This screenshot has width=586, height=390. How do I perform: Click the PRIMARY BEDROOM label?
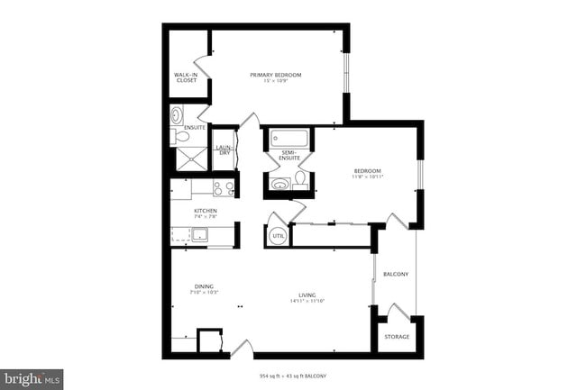point(275,74)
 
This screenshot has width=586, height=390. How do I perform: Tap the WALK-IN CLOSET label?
point(186,77)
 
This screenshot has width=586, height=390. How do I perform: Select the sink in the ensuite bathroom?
point(177,115)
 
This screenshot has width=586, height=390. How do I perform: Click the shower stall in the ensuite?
point(190,159)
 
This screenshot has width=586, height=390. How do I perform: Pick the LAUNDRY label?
point(224,150)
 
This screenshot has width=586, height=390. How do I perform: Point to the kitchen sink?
point(198,236)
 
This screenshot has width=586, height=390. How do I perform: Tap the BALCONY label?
point(396,274)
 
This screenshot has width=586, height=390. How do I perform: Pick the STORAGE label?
point(397,337)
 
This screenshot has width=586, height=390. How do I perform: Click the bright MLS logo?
point(32,378)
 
